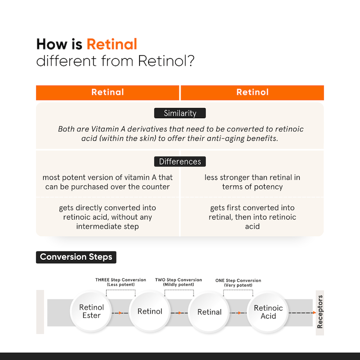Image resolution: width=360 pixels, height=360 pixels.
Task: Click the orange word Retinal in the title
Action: click(112, 44)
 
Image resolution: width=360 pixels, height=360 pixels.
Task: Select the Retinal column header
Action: click(108, 93)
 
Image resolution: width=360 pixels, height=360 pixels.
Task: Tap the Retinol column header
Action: click(252, 93)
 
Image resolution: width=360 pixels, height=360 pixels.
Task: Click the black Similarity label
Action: click(180, 113)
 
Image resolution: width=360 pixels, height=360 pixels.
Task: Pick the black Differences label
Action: click(180, 162)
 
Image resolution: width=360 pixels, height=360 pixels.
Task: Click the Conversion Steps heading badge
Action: click(76, 257)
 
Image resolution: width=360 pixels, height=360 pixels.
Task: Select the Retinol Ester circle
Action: click(91, 311)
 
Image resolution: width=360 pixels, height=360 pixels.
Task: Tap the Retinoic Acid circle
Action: click(268, 312)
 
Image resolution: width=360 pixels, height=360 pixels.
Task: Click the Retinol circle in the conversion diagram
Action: click(150, 311)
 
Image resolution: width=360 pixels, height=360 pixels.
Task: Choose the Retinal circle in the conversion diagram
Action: click(209, 312)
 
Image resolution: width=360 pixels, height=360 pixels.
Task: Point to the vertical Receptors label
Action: click(320, 312)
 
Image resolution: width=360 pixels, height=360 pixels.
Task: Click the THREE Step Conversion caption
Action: click(121, 282)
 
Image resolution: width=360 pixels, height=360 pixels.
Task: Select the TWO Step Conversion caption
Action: click(179, 282)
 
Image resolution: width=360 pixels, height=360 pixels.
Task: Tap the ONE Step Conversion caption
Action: click(238, 283)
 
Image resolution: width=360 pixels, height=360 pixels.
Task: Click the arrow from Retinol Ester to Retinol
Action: click(120, 313)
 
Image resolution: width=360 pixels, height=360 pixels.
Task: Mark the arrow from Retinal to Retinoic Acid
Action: click(238, 313)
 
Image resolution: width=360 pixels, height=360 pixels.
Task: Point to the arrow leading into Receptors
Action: click(302, 313)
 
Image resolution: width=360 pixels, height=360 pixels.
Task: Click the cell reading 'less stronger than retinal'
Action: click(252, 182)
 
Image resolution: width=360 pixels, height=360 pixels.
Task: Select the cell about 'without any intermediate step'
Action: click(108, 217)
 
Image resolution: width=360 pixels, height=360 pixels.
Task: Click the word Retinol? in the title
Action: click(166, 61)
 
